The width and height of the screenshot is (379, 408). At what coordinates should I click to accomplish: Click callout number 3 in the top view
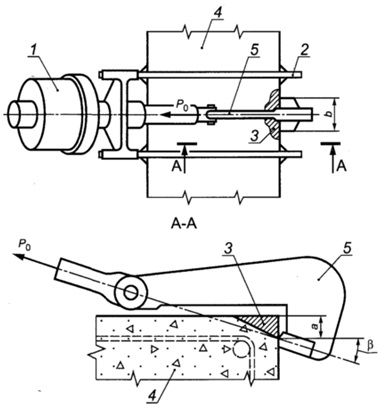pyautogui.click(x=254, y=135)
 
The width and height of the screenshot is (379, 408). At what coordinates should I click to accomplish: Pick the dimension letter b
pyautogui.click(x=329, y=114)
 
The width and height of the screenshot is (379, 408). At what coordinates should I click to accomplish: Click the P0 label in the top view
pyautogui.click(x=183, y=104)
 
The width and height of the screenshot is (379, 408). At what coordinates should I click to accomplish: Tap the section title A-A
pyautogui.click(x=184, y=224)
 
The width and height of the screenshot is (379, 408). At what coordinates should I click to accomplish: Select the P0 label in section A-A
pyautogui.click(x=24, y=245)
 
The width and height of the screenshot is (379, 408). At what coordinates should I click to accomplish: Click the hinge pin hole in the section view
pyautogui.click(x=131, y=292)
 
